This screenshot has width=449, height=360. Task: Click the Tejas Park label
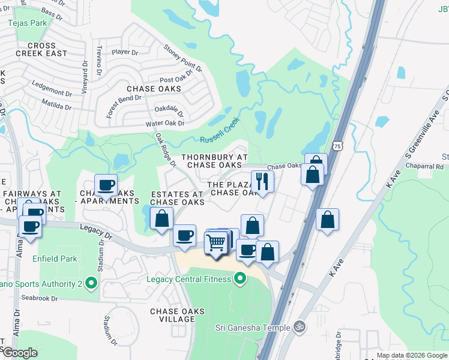pos(28,23)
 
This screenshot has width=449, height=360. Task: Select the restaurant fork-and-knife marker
pos(262,180)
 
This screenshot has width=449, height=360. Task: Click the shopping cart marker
pos(216,243)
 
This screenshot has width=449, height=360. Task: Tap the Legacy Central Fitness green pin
pos(240,278)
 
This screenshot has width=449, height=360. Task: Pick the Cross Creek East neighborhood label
pos(41,49)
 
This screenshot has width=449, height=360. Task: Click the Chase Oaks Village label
pos(177,315)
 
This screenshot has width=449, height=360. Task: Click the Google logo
pos(20,352)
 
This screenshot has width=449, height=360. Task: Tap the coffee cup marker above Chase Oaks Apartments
pos(106,185)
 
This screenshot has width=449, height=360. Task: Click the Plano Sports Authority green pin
pos(91,281)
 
